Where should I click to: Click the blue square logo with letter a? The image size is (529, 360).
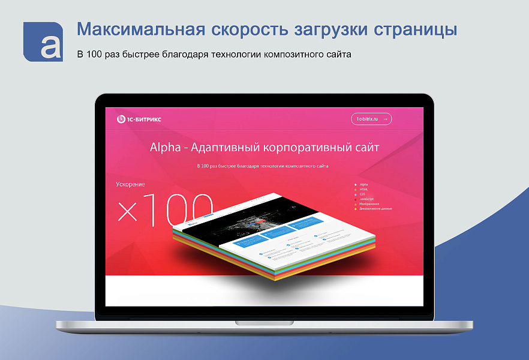(43, 41)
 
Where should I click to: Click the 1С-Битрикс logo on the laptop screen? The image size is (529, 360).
(139, 119)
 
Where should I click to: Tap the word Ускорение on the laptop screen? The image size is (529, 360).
(130, 184)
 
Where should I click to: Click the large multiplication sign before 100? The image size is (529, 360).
(128, 211)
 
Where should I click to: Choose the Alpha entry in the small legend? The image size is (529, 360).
(364, 184)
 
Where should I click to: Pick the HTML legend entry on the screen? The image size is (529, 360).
(364, 189)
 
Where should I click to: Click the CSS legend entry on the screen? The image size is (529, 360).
(363, 194)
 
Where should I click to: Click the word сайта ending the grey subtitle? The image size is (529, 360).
(338, 55)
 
